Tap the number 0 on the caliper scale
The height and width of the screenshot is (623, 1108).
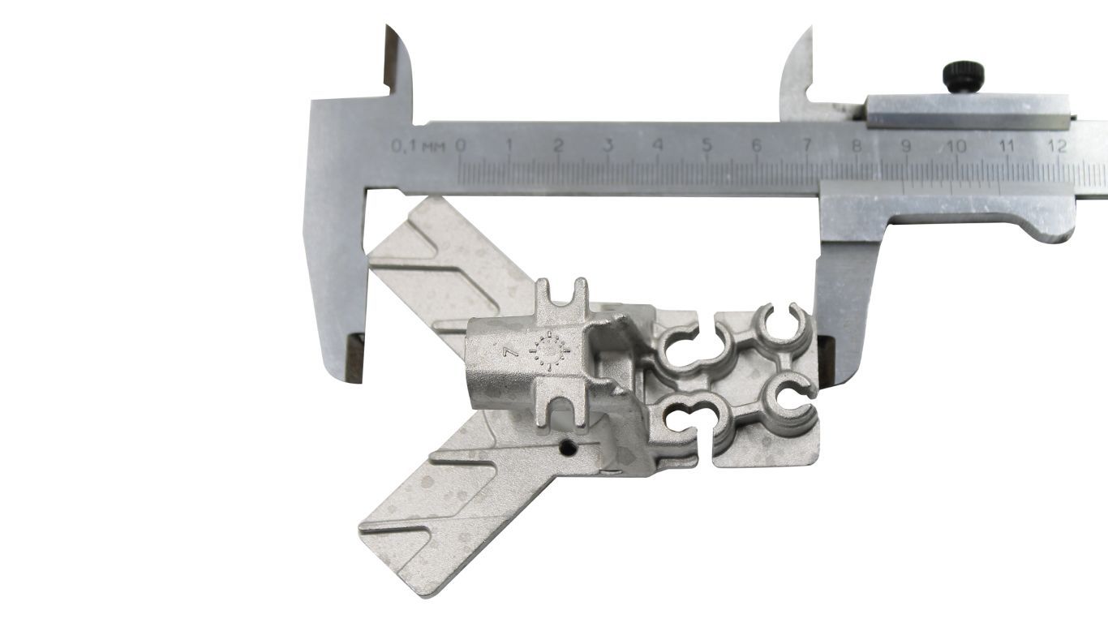click(460, 145)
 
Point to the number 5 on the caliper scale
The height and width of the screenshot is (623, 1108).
click(706, 145)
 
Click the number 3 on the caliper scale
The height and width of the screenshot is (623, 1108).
click(608, 145)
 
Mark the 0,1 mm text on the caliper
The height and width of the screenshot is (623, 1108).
click(418, 147)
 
